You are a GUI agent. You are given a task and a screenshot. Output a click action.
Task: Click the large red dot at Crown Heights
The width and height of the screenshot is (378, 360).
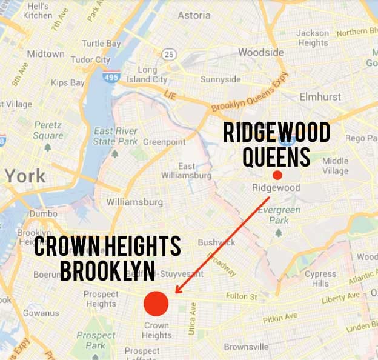[x=156, y=304]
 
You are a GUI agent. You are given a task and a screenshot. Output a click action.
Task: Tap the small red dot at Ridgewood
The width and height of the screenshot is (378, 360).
[x=277, y=175]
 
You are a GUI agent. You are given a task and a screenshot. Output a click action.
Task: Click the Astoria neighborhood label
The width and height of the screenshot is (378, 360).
[x=194, y=15]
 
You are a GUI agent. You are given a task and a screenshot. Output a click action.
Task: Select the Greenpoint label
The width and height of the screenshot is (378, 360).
[x=164, y=142]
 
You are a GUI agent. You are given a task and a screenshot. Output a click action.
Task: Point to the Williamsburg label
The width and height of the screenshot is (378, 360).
[x=134, y=201]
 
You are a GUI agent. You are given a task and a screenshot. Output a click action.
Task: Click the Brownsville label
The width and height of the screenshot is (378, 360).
[x=246, y=347]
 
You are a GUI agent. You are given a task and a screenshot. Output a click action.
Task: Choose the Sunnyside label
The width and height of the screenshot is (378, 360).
[x=220, y=79]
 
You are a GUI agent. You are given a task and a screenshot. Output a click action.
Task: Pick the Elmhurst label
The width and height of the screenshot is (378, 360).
[x=320, y=96]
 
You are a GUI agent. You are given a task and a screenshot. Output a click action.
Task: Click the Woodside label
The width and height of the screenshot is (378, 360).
[x=260, y=52]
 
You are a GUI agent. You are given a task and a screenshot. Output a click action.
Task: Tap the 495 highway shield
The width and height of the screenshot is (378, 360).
[x=110, y=77]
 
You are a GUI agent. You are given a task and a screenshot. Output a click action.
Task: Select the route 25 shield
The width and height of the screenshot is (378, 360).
[x=170, y=55]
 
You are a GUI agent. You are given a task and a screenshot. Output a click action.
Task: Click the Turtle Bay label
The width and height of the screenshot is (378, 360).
[x=102, y=44]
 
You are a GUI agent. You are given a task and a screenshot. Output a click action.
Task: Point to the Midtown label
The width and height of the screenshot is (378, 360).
[x=45, y=53]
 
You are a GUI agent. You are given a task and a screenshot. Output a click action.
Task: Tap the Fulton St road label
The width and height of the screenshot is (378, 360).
[x=242, y=296]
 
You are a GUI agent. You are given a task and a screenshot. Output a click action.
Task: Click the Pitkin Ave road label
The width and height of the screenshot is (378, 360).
[x=280, y=318]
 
